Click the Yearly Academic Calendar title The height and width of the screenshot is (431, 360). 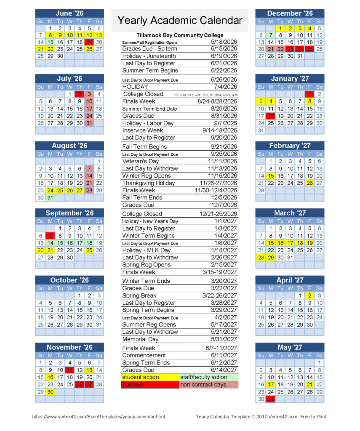tap(180, 20)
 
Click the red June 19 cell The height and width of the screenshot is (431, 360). tap(89, 42)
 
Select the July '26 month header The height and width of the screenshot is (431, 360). tap(69, 79)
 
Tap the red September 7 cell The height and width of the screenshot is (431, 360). tap(50, 236)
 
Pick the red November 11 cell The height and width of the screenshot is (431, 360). tap(70, 370)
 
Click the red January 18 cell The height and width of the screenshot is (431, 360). tap(270, 116)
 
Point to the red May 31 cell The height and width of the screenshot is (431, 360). tap(270, 399)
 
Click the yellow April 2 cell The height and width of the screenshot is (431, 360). tap(309, 295)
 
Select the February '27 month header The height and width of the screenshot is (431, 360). tap(290, 146)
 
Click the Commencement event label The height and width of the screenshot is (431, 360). tap(144, 355)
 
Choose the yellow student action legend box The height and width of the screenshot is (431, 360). tap(149, 378)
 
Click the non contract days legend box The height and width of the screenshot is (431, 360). tap(208, 385)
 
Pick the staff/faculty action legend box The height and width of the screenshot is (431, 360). tap(208, 378)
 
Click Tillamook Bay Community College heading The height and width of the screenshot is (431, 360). tap(180, 35)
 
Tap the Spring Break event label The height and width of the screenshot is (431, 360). tap(139, 295)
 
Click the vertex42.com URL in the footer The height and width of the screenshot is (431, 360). tap(99, 417)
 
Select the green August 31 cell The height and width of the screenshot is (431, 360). tap(50, 197)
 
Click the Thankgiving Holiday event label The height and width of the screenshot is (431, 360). tap(148, 183)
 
